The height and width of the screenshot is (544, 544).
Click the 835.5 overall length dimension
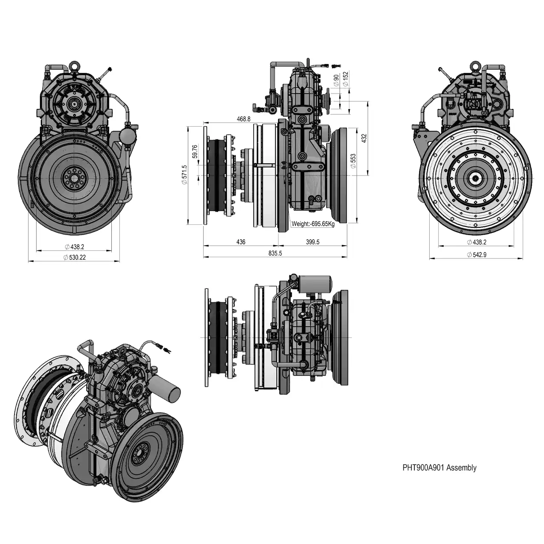pos(275,253)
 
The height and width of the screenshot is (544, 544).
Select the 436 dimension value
pos(241,242)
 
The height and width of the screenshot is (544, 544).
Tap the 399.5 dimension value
pos(312,242)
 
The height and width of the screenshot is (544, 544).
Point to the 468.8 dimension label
pos(244,119)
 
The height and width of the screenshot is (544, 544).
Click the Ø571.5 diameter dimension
pos(184,175)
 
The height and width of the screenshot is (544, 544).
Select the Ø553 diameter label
pos(353,161)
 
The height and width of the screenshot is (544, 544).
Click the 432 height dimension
pos(364,138)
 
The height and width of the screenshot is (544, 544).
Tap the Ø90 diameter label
pos(336,80)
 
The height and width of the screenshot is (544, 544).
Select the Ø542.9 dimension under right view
pos(476,255)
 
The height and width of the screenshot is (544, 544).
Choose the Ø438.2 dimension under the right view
pos(476,242)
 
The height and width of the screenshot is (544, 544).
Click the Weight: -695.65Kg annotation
pos(313,224)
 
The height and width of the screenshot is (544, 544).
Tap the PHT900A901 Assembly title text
pos(439,468)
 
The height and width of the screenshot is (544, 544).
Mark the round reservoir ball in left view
pos(127,134)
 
